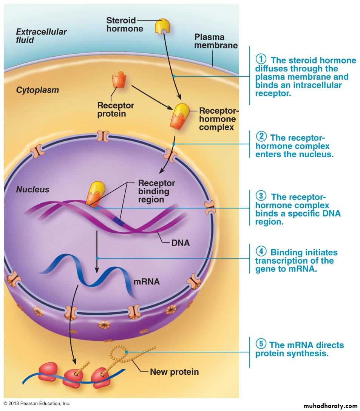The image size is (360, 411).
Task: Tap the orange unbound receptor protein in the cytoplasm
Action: (x=119, y=82)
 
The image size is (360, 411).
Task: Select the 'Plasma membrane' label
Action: (x=216, y=41)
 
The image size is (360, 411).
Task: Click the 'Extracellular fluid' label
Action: (x=41, y=36)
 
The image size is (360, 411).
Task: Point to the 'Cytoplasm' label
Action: (x=37, y=90)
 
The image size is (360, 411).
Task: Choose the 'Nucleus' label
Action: (x=32, y=189)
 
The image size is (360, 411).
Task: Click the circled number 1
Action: (x=261, y=59)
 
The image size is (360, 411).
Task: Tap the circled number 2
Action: (x=261, y=137)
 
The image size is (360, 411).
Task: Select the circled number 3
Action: (x=261, y=196)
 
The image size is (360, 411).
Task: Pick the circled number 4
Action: (x=261, y=251)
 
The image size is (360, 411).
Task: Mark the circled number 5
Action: (x=261, y=344)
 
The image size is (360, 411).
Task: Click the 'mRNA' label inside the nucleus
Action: (x=147, y=281)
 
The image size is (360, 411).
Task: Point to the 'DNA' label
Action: (x=181, y=243)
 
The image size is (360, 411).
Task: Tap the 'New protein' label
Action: (x=174, y=372)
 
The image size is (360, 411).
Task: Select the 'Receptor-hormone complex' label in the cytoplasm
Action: (x=219, y=119)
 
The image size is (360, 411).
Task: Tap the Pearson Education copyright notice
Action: (x=37, y=403)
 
